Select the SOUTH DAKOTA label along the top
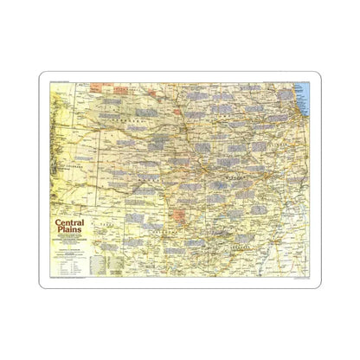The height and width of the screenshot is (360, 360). (138, 88)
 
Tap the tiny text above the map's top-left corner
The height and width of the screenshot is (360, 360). (65, 80)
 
